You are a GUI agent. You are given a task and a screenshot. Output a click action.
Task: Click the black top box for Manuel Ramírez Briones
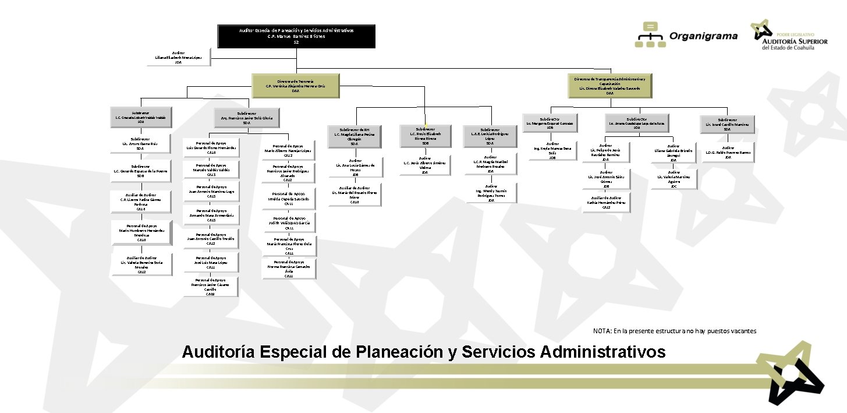[x=296, y=36]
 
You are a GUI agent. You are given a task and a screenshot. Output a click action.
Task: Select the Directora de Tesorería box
[x=295, y=85]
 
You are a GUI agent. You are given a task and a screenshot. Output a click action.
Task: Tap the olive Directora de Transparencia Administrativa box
[x=609, y=86]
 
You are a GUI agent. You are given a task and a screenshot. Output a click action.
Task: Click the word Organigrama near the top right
[x=703, y=36]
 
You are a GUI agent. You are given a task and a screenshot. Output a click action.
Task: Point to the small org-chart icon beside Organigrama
[x=651, y=35]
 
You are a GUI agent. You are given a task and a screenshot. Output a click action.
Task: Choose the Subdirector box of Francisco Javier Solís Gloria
[x=246, y=118]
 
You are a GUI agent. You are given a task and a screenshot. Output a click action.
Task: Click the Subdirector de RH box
[x=355, y=136]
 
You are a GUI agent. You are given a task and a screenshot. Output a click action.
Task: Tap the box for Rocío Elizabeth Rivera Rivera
[x=425, y=136]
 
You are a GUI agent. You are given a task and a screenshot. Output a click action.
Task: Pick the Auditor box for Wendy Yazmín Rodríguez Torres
[x=491, y=193]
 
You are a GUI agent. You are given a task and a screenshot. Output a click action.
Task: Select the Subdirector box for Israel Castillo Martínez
[x=727, y=125]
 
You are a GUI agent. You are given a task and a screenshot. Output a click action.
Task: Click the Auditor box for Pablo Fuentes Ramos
[x=728, y=152]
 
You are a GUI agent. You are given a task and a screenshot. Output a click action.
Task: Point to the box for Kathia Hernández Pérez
[x=606, y=202]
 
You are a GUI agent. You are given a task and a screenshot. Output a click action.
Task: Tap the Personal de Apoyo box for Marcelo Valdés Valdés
[x=211, y=170]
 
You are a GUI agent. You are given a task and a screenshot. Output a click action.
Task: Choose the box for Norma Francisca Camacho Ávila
[x=289, y=269]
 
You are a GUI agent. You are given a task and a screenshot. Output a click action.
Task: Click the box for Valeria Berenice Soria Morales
[x=141, y=264]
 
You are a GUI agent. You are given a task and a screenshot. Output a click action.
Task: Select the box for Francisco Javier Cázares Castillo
[x=211, y=287]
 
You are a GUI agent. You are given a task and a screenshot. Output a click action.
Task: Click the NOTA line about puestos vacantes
[x=674, y=331]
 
